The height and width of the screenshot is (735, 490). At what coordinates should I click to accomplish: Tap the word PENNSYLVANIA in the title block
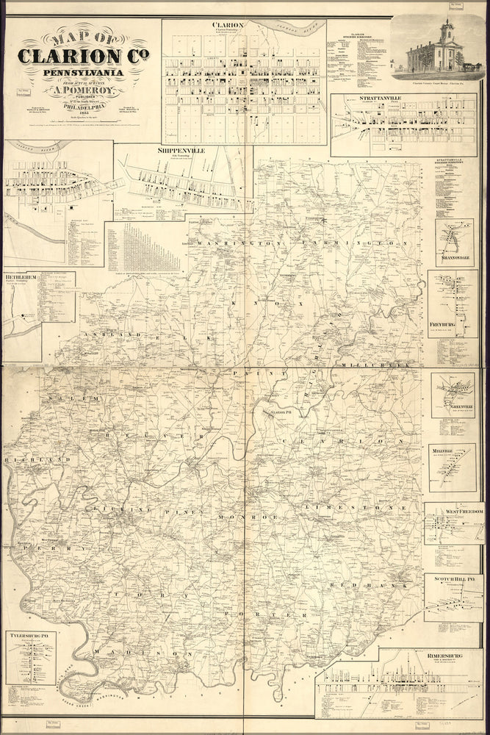click(x=79, y=73)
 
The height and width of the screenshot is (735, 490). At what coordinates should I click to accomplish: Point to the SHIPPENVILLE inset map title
click(x=181, y=150)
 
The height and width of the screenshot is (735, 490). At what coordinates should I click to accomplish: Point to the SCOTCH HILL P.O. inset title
click(x=453, y=579)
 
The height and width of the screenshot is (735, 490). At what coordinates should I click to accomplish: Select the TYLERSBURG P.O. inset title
click(x=29, y=633)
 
